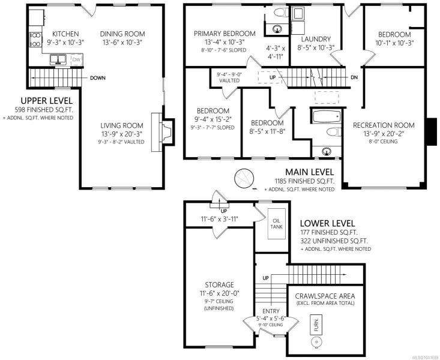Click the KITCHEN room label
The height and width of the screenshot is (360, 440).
coord(65,34)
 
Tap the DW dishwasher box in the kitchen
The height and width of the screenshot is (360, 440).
coord(76,59)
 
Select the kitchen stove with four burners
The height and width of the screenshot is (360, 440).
coord(35,39)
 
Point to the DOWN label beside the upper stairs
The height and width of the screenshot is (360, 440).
coord(98,78)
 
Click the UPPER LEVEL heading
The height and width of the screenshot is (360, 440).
coord(47,101)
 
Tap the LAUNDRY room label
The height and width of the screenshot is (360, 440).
coord(316,39)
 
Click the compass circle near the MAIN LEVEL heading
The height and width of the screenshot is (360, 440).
coord(244,178)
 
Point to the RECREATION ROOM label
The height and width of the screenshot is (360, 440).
coord(384,125)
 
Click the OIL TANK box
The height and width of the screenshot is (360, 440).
coord(277,224)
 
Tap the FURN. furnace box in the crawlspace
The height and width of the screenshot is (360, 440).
coord(316,325)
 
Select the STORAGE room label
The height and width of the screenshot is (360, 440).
coord(219,285)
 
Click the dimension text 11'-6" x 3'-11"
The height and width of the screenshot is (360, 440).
coord(220,219)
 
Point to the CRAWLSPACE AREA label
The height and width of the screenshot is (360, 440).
coord(325,296)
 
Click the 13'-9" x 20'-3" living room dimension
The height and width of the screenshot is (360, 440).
coord(122,134)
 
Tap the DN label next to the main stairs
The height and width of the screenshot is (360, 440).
coord(354,77)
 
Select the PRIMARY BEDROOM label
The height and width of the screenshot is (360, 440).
coord(225,34)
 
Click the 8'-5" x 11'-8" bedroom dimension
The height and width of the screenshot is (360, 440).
coord(267,131)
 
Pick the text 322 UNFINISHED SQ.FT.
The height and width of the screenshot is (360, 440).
coord(334,241)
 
